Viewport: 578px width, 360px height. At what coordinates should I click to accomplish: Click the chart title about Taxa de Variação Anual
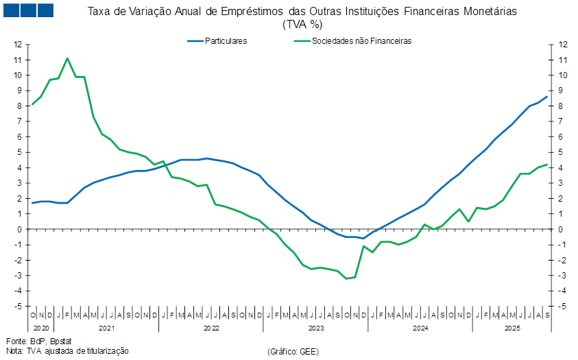pyautogui.click(x=302, y=12)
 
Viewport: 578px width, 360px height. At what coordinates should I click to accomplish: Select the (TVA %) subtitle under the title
pyautogui.click(x=302, y=24)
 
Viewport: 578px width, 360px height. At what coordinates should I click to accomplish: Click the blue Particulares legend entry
pyautogui.click(x=218, y=41)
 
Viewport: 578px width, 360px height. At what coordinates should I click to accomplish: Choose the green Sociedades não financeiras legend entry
pyautogui.click(x=354, y=41)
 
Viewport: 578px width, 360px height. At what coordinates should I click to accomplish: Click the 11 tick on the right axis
pyautogui.click(x=563, y=60)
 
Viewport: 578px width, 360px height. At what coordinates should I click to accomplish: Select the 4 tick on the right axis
pyautogui.click(x=562, y=168)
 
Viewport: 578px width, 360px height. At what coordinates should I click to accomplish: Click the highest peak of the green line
pyautogui.click(x=67, y=58)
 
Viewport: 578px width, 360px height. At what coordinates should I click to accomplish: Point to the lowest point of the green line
pyautogui.click(x=347, y=278)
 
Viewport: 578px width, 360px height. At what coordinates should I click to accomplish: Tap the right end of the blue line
pyautogui.click(x=548, y=96)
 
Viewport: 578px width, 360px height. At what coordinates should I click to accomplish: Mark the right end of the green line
pyautogui.click(x=548, y=164)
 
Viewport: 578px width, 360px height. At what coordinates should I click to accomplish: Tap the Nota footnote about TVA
pyautogui.click(x=67, y=351)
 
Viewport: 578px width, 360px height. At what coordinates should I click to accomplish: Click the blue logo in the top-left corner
pyautogui.click(x=28, y=10)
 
